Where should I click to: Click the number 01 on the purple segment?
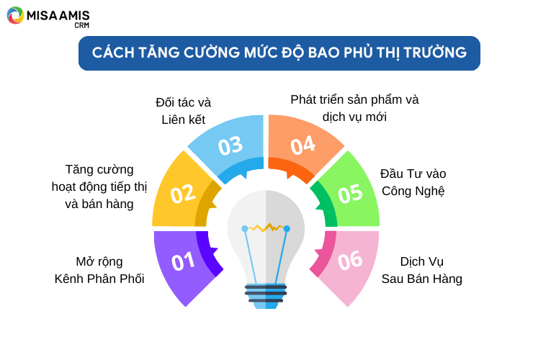(x=183, y=262)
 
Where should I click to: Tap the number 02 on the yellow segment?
(x=183, y=194)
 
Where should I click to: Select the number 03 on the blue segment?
(x=230, y=146)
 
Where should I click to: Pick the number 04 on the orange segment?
(x=303, y=145)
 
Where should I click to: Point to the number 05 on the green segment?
(x=350, y=194)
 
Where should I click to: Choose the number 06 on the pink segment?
(x=350, y=261)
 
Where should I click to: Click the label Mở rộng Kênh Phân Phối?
(x=99, y=270)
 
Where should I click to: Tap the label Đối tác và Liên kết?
(x=183, y=111)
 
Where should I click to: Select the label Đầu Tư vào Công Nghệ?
(x=413, y=183)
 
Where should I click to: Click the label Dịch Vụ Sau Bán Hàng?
(x=422, y=270)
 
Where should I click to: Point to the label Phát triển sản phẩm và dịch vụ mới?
(x=354, y=108)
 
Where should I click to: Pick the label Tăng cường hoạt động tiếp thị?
(x=99, y=178)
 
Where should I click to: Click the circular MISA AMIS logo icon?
(x=15, y=15)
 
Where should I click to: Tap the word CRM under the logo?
(x=82, y=25)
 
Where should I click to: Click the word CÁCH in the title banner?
(x=113, y=53)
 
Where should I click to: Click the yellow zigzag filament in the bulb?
(x=266, y=227)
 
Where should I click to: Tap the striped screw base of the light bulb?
(x=266, y=297)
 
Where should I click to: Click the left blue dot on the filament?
(x=245, y=229)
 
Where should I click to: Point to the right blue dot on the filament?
(x=287, y=229)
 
